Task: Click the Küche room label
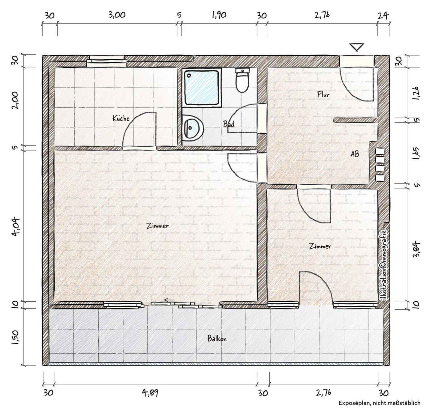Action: coord(121,118)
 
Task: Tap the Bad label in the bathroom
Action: coord(229,124)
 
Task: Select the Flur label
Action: coord(323,94)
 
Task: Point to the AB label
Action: coord(355,154)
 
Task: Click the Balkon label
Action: coord(217,339)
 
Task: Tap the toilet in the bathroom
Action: coord(242,80)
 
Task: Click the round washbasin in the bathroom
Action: coord(193,128)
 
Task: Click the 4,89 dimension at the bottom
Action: coord(150,393)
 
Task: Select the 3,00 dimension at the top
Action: coord(117,15)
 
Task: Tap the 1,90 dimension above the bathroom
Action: coord(219,15)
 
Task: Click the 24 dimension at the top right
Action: coord(383,16)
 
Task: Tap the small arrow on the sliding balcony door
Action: coord(169,300)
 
